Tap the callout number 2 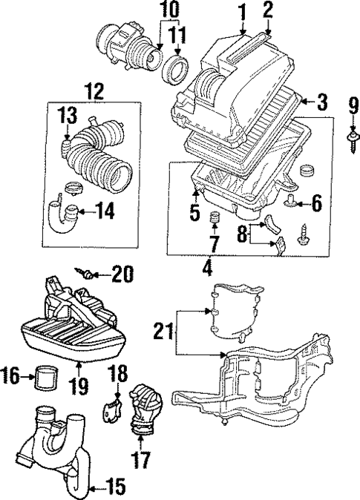pos(267,10)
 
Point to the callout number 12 pos(94,91)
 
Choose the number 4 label pos(209,266)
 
